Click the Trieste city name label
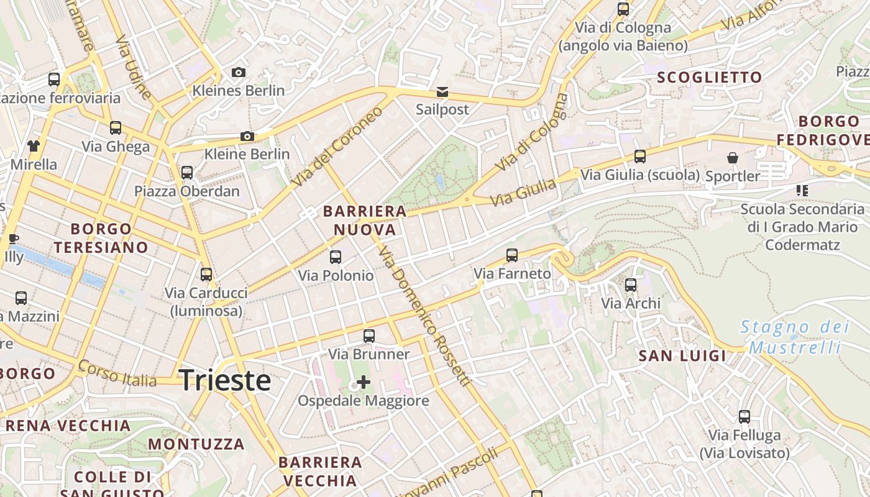coord(225,380)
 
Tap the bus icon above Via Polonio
coord(336,257)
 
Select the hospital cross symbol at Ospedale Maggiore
coord(364,382)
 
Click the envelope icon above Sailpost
coord(442,92)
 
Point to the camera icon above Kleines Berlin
coord(238,73)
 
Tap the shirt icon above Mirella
coord(33,146)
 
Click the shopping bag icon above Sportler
coord(733,158)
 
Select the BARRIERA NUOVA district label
coord(365,221)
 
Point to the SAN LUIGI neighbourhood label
coord(682,356)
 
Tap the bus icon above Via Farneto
coord(512,255)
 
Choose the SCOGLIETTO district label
coord(709,78)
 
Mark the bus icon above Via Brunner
coord(369,336)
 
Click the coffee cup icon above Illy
coord(13,239)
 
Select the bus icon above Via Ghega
coord(116,128)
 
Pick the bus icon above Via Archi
coord(631,285)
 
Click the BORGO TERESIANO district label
coord(101,238)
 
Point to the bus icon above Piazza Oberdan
coord(187,172)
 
